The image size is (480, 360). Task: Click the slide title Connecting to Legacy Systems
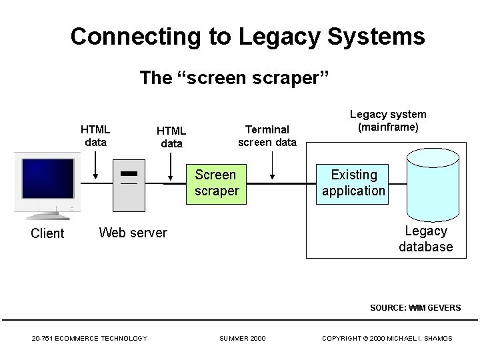247,37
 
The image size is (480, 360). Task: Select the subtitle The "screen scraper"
235,78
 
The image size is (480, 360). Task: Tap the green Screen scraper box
216,183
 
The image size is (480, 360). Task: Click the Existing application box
353,183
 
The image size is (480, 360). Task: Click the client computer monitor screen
47,179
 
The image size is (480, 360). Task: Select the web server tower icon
129,185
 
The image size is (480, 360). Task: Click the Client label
47,233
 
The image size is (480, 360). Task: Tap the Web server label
133,233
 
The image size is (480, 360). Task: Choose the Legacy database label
425,239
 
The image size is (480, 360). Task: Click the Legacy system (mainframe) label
388,121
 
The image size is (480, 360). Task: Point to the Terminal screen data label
267,135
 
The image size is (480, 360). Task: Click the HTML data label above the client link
95,135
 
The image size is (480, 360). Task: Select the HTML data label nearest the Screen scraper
171,137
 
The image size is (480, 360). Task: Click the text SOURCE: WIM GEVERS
415,307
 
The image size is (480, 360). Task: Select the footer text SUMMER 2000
242,339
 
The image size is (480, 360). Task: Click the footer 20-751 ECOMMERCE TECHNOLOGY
89,339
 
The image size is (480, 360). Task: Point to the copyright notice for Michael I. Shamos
387,339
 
